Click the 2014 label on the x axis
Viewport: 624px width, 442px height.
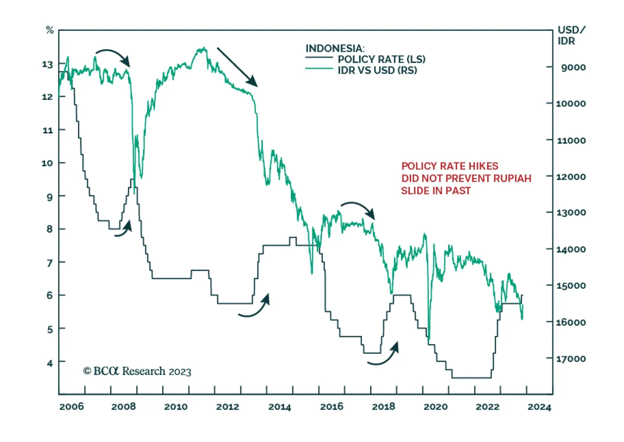pyautogui.click(x=279, y=407)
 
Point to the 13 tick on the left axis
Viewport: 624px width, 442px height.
pyautogui.click(x=47, y=64)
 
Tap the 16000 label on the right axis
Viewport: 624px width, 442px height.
pyautogui.click(x=571, y=322)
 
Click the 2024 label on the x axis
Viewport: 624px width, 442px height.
pyautogui.click(x=539, y=407)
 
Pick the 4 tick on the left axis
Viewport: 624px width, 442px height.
pyautogui.click(x=50, y=363)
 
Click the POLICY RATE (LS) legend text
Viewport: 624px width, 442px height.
pyautogui.click(x=381, y=59)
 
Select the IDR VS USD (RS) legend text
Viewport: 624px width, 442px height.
pyautogui.click(x=377, y=70)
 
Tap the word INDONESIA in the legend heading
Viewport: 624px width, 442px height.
pyautogui.click(x=334, y=48)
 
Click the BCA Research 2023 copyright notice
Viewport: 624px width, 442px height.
pyautogui.click(x=137, y=371)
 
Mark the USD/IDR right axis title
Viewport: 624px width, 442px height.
pyautogui.click(x=571, y=36)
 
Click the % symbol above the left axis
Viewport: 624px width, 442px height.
pyautogui.click(x=50, y=30)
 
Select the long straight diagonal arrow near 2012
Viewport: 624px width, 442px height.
pyautogui.click(x=237, y=67)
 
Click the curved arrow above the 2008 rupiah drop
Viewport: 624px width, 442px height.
pyautogui.click(x=113, y=56)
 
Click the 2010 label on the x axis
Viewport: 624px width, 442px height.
pyautogui.click(x=175, y=407)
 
